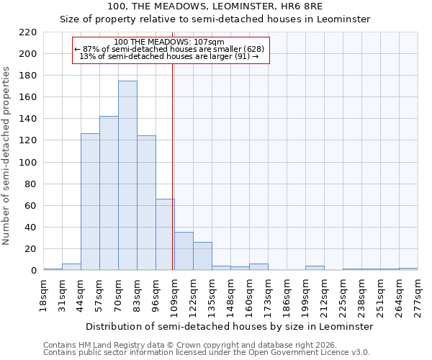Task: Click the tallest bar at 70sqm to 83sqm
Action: [x=127, y=176]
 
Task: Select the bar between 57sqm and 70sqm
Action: [x=109, y=193]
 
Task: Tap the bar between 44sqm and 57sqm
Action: [x=90, y=202]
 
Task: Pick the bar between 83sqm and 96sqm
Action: [x=146, y=203]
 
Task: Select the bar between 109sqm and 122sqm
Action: [x=184, y=251]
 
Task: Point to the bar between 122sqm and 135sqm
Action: [x=202, y=256]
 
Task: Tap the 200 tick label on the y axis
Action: [x=28, y=54]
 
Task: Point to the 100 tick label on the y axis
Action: [x=28, y=163]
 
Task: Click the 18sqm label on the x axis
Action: [x=43, y=295]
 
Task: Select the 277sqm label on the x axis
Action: [x=418, y=295]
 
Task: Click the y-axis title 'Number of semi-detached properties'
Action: [x=7, y=156]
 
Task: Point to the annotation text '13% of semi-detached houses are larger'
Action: [x=169, y=56]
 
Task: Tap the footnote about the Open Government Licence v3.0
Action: [x=207, y=352]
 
